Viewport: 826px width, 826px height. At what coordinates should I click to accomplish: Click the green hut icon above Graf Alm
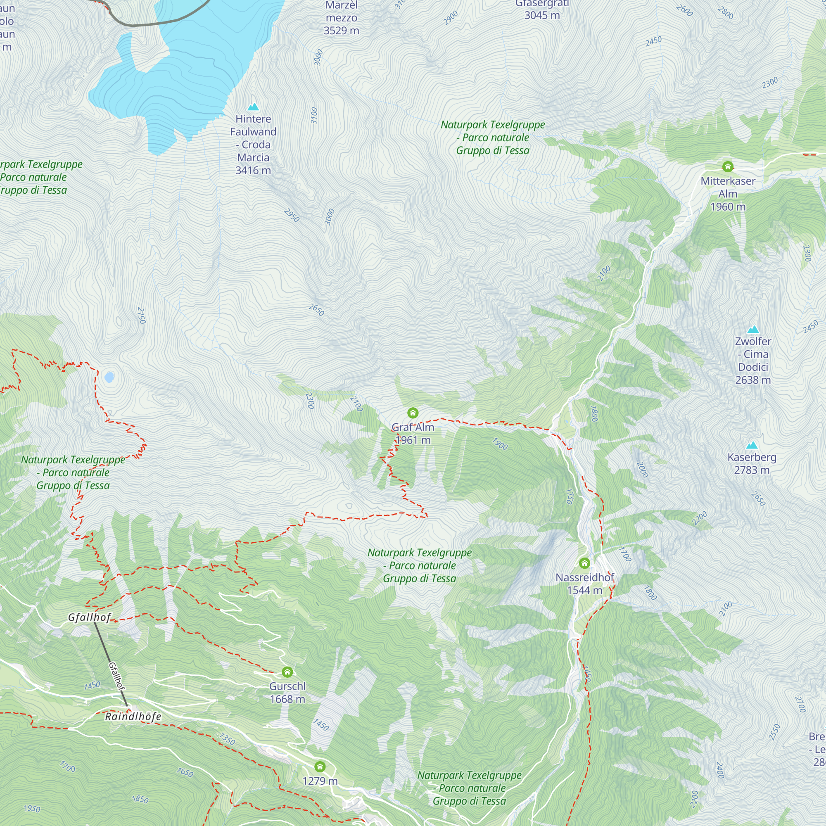coord(413,413)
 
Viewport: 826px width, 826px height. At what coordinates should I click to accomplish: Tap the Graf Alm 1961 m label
coord(413,434)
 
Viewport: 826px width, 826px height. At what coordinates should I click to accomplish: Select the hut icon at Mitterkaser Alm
coord(728,166)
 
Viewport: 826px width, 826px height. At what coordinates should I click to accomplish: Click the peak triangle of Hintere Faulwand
coord(253,107)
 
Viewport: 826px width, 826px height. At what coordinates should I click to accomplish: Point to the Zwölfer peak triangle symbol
coord(753,329)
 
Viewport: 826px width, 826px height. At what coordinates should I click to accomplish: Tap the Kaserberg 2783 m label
coord(752,463)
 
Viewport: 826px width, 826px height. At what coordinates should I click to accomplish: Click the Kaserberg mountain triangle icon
coord(752,445)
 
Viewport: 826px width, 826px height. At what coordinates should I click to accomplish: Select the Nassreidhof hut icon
coord(584,563)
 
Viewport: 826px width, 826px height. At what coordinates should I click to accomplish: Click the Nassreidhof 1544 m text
coord(584,584)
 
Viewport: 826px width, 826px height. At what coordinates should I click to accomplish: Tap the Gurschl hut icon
coord(287,672)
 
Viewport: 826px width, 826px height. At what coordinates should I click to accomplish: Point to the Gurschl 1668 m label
coord(287,692)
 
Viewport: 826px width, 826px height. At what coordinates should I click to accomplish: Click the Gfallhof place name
coord(89,617)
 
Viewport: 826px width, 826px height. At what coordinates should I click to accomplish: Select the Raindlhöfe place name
coord(133,716)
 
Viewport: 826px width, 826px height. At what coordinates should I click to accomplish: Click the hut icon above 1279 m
coord(320,766)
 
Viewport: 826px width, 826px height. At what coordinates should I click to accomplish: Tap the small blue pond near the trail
coord(109,377)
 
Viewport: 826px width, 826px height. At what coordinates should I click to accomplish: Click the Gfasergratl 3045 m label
coord(542,9)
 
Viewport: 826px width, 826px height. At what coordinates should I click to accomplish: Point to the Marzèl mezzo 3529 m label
coord(341,18)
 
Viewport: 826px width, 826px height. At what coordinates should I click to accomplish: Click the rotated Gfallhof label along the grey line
coord(117,676)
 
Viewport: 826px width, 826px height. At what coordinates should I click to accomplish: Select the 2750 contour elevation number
coord(142,315)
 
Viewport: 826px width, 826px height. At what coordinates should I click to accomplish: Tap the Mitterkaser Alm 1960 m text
coord(728,194)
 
